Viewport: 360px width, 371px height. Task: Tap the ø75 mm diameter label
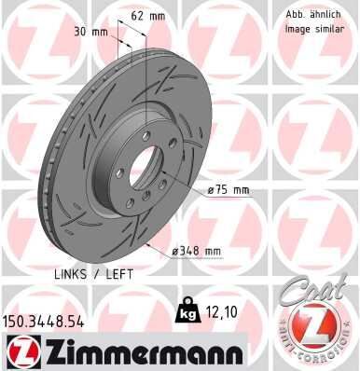[229, 190]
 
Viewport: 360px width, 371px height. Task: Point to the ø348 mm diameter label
[199, 251]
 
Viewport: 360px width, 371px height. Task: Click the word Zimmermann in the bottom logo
[139, 352]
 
